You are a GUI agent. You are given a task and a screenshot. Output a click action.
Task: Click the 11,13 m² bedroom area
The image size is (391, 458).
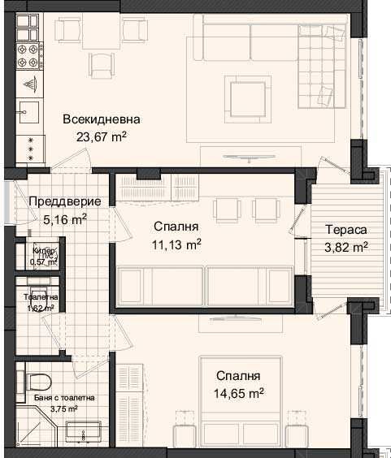click(176, 243)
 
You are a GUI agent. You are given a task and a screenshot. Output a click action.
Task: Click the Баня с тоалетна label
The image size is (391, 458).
click(59, 398)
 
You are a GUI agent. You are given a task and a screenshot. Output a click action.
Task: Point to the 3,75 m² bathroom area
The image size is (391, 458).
click(59, 408)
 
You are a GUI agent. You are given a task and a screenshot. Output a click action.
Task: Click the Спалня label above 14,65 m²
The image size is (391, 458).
click(238, 376)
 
